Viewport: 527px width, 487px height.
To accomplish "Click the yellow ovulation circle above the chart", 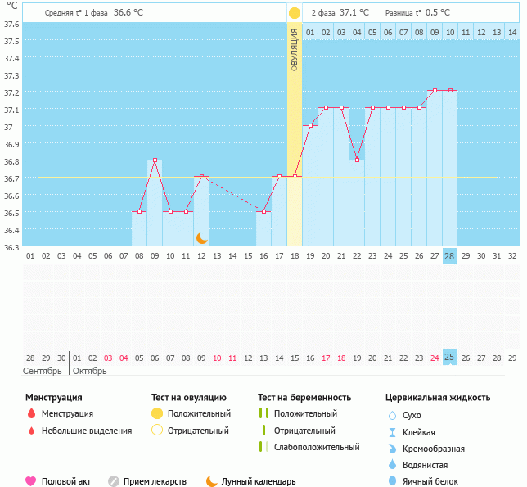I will click(x=294, y=13).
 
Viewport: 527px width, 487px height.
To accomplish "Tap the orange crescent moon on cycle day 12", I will click(x=201, y=237).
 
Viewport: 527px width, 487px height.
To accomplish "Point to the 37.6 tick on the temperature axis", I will click(x=11, y=25).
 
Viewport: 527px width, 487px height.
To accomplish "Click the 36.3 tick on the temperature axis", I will click(x=11, y=246).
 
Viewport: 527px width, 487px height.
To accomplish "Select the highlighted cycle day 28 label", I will click(x=449, y=255).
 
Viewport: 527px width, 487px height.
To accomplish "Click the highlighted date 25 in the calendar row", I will click(x=449, y=357).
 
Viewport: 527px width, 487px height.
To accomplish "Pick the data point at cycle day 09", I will click(x=155, y=160).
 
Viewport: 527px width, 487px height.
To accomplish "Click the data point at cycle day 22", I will click(x=357, y=160).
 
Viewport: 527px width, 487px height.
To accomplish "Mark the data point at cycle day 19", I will click(x=310, y=126).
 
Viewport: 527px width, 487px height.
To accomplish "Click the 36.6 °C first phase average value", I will click(x=128, y=13).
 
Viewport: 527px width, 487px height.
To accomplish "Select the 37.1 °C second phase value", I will click(x=354, y=13).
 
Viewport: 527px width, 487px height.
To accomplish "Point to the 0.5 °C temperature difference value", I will click(x=439, y=13).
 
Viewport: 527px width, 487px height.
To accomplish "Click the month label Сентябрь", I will click(x=43, y=371).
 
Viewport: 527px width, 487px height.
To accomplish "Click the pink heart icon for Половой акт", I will click(x=31, y=481).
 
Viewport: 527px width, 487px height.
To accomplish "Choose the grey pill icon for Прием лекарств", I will click(x=114, y=481).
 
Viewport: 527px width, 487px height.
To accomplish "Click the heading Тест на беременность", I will click(x=304, y=398).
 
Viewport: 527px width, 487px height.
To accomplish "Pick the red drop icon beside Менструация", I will click(x=31, y=414).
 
